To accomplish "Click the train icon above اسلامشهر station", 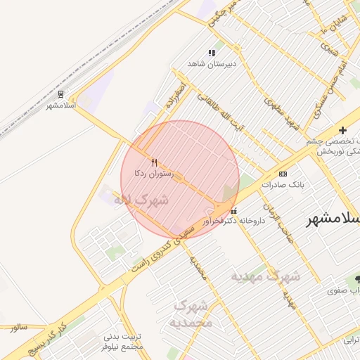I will click(61, 94).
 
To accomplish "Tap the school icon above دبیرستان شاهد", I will click(211, 53).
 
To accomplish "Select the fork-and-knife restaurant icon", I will click(154, 162).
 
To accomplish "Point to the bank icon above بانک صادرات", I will click(283, 174).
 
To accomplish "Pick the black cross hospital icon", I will click(342, 130).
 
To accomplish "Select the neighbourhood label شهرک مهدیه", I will click(266, 276).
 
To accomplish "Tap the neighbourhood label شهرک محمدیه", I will click(191, 314).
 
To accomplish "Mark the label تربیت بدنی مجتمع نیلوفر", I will click(122, 342).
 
